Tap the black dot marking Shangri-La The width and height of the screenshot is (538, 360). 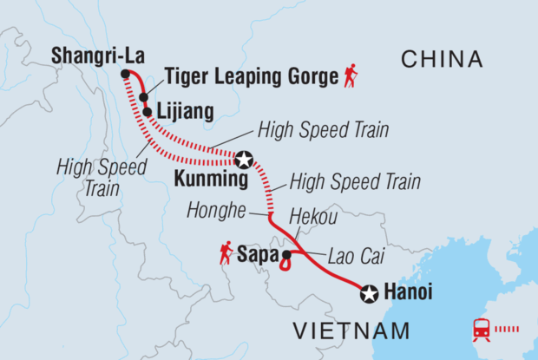click(125, 75)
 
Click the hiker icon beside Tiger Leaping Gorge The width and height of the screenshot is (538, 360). click(351, 76)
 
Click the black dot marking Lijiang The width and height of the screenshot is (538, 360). click(148, 112)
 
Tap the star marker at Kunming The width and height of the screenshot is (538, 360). click(245, 160)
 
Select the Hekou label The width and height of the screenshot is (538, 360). click(312, 220)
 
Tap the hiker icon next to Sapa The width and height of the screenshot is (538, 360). click(226, 253)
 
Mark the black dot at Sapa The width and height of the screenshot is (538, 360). click(285, 255)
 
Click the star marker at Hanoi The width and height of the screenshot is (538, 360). click(370, 294)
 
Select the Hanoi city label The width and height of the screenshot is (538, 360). click(413, 293)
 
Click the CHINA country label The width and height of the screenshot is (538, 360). click(441, 59)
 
